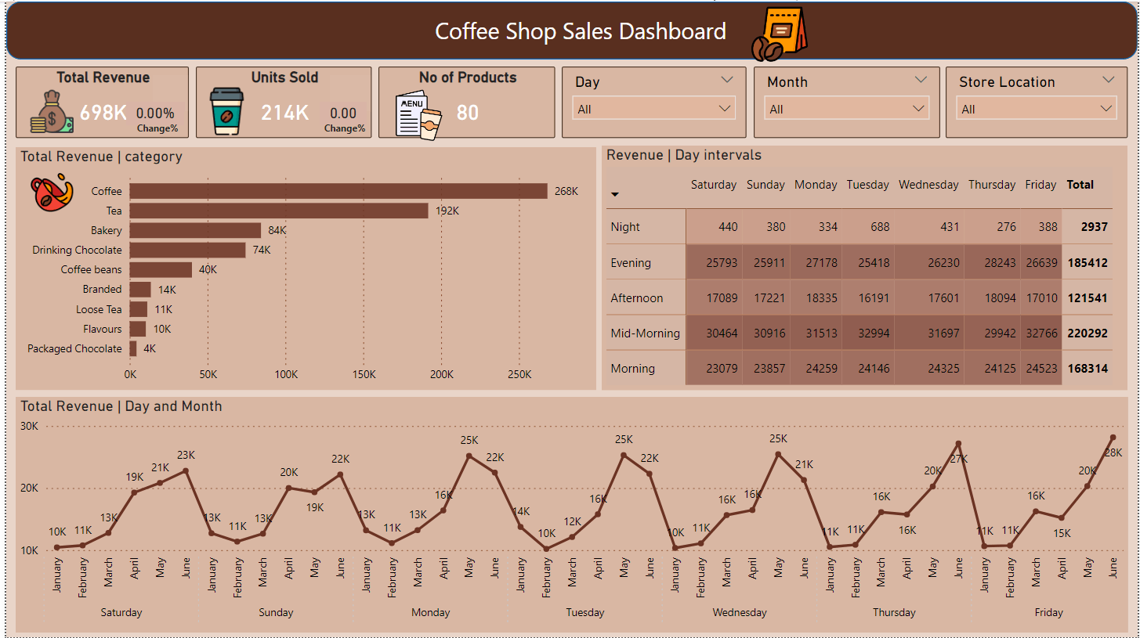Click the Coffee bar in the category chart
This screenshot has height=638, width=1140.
coord(338,191)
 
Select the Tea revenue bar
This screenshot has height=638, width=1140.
coord(279,211)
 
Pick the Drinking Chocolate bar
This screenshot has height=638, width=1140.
coord(187,250)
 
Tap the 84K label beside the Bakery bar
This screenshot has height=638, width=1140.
coord(277,230)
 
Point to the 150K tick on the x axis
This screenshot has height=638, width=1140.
coord(364,374)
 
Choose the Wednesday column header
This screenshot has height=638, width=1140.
coord(928,185)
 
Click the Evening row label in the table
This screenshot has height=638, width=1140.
coord(631,263)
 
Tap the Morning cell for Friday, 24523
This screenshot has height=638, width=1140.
coord(1040,368)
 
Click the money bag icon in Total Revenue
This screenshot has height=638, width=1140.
coord(51,113)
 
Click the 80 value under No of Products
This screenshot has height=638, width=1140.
coord(467,113)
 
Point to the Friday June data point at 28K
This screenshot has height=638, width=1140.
coord(1113,438)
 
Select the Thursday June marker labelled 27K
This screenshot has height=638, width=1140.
coord(958,444)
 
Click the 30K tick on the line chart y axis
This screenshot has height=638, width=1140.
coord(30,427)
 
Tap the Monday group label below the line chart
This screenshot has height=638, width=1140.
coord(430,612)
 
